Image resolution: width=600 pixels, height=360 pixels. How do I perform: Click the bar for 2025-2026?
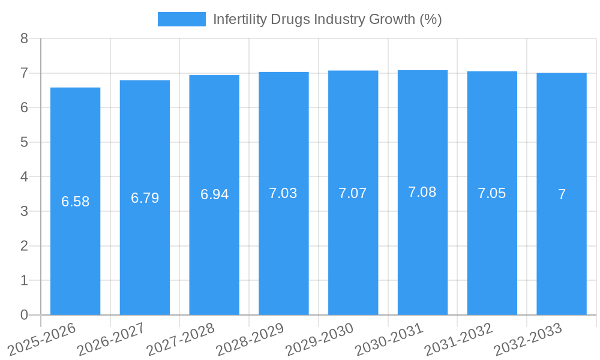[75, 201]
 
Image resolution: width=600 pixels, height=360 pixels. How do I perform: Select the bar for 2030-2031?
[422, 193]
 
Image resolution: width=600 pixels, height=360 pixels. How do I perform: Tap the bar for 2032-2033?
[562, 194]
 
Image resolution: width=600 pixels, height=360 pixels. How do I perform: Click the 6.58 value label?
[75, 202]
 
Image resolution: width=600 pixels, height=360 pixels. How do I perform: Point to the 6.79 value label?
[145, 198]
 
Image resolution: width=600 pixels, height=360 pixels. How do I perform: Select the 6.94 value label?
[214, 194]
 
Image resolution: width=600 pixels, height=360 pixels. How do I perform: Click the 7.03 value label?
[283, 193]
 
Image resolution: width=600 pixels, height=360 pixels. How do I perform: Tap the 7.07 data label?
[353, 193]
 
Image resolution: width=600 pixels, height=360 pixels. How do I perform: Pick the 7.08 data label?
[422, 192]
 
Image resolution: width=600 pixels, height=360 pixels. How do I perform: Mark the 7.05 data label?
[492, 193]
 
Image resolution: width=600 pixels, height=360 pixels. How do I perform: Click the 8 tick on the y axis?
[24, 38]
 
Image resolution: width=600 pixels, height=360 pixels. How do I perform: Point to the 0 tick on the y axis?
[24, 315]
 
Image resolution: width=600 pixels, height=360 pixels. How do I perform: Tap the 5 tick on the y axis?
[24, 142]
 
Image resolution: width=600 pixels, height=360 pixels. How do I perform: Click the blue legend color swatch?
[181, 19]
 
